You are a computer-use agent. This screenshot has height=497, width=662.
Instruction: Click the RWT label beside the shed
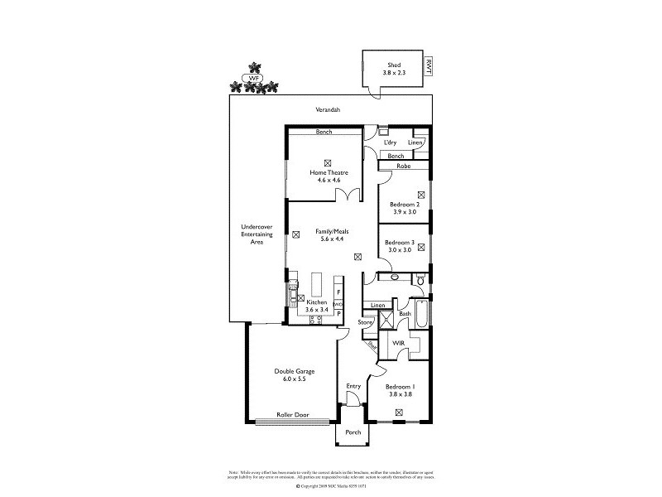[428, 65]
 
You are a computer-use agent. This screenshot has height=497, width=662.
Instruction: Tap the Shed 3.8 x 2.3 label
[394, 69]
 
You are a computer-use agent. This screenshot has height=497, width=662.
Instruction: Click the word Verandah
[329, 109]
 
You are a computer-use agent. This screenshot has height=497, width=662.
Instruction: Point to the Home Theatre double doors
[347, 195]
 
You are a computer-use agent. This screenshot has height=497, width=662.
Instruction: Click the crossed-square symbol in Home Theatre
[329, 162]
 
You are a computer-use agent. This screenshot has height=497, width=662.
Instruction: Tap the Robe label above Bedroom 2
[403, 166]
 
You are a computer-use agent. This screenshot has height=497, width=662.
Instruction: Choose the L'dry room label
[390, 142]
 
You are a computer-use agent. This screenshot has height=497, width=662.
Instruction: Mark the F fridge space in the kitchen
[338, 293]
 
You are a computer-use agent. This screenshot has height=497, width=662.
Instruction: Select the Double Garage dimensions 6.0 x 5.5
[295, 379]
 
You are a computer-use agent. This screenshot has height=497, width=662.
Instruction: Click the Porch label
[353, 432]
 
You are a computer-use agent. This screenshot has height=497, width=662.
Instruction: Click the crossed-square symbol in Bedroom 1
[400, 412]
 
